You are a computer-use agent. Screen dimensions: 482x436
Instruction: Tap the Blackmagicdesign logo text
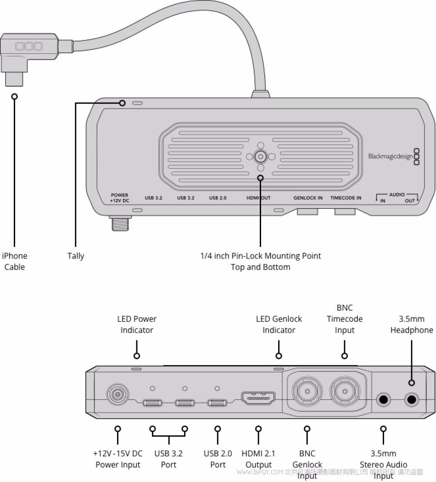coord(389,156)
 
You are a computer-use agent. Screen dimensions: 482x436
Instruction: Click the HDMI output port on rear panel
coord(258,398)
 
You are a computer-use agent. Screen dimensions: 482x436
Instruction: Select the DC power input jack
coord(117,394)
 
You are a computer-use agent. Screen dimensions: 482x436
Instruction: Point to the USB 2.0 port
coord(217,403)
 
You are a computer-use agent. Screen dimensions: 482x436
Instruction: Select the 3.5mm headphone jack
coord(412,400)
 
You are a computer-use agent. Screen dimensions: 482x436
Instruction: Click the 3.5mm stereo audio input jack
coord(383,400)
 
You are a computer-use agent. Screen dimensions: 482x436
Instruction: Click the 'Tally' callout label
coord(76,256)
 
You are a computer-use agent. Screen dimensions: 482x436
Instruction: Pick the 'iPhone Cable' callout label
coord(15,261)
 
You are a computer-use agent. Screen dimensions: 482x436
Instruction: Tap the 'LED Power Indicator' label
coord(136,324)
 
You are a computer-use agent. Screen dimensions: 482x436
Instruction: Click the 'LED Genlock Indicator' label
coord(279,324)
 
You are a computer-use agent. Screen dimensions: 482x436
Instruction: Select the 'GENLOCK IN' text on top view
coord(308,198)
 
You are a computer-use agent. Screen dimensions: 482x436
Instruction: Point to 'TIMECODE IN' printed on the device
coord(346,198)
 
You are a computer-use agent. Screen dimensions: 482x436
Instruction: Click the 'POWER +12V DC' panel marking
coord(119,197)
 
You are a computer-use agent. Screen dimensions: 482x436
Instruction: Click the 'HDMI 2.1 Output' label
coord(258,459)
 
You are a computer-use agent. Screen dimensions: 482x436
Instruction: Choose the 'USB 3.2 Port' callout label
coord(168,459)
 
